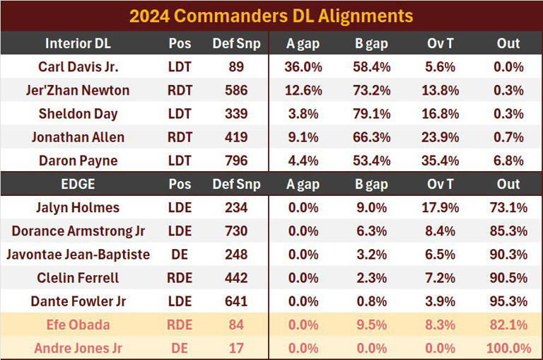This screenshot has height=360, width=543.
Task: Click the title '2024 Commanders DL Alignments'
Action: (271, 16)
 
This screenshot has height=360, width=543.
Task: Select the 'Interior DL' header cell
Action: (78, 43)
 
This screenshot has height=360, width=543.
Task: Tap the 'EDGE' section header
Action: (78, 184)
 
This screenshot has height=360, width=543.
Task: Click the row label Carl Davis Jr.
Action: (78, 67)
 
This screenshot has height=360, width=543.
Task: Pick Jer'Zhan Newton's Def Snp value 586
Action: (236, 91)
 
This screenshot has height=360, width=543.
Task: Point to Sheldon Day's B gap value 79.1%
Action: (372, 114)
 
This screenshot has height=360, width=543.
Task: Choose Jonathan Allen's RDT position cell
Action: (180, 137)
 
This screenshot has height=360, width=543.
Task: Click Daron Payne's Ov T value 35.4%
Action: (440, 161)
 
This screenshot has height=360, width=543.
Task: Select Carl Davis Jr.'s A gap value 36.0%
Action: (303, 67)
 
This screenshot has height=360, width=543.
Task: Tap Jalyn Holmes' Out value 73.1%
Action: (508, 207)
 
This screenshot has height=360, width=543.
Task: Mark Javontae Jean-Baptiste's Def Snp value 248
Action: (236, 254)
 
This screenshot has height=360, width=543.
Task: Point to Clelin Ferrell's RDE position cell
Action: (180, 277)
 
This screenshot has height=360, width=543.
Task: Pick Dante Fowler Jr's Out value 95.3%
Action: (508, 301)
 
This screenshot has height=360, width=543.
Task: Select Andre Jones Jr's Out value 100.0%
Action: (508, 347)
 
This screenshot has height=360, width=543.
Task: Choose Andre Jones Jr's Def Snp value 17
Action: (236, 347)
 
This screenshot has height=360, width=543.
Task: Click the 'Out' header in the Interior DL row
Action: (508, 43)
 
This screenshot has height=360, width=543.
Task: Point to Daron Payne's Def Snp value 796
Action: (236, 161)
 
